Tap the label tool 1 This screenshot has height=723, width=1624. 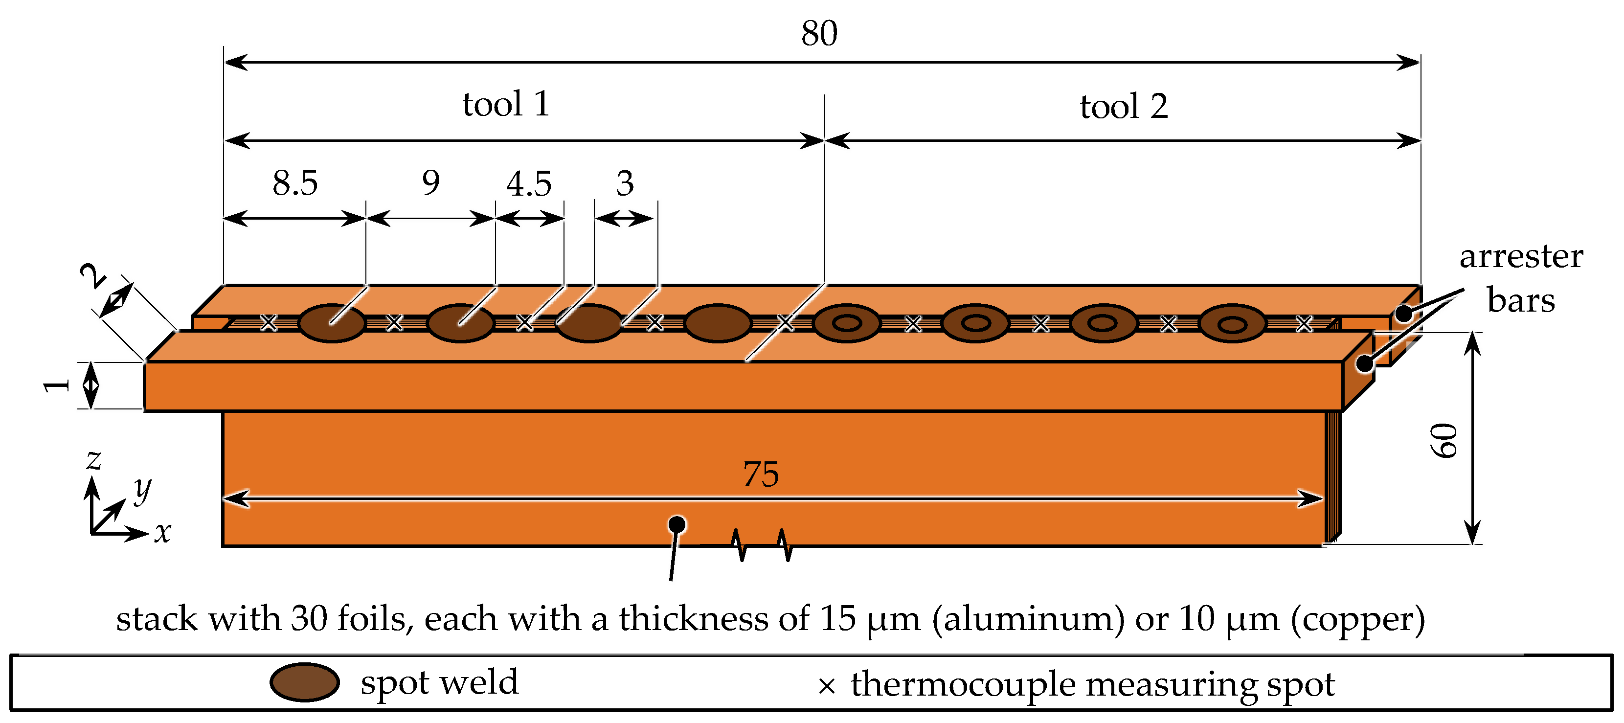click(506, 104)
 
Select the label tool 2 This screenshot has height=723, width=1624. click(1124, 107)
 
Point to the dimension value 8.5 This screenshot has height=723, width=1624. click(295, 183)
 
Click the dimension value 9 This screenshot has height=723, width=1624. click(430, 183)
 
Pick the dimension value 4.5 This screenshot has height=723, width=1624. click(529, 184)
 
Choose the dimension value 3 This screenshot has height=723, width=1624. click(625, 184)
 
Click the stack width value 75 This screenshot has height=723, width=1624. click(761, 474)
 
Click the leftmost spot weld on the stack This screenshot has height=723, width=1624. click(332, 323)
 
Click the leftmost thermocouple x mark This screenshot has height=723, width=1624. click(269, 323)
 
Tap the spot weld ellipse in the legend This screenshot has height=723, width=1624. click(304, 682)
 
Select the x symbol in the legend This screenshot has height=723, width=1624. click(827, 686)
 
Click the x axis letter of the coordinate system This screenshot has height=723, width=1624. click(163, 533)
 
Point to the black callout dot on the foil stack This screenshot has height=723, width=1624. click(677, 524)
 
